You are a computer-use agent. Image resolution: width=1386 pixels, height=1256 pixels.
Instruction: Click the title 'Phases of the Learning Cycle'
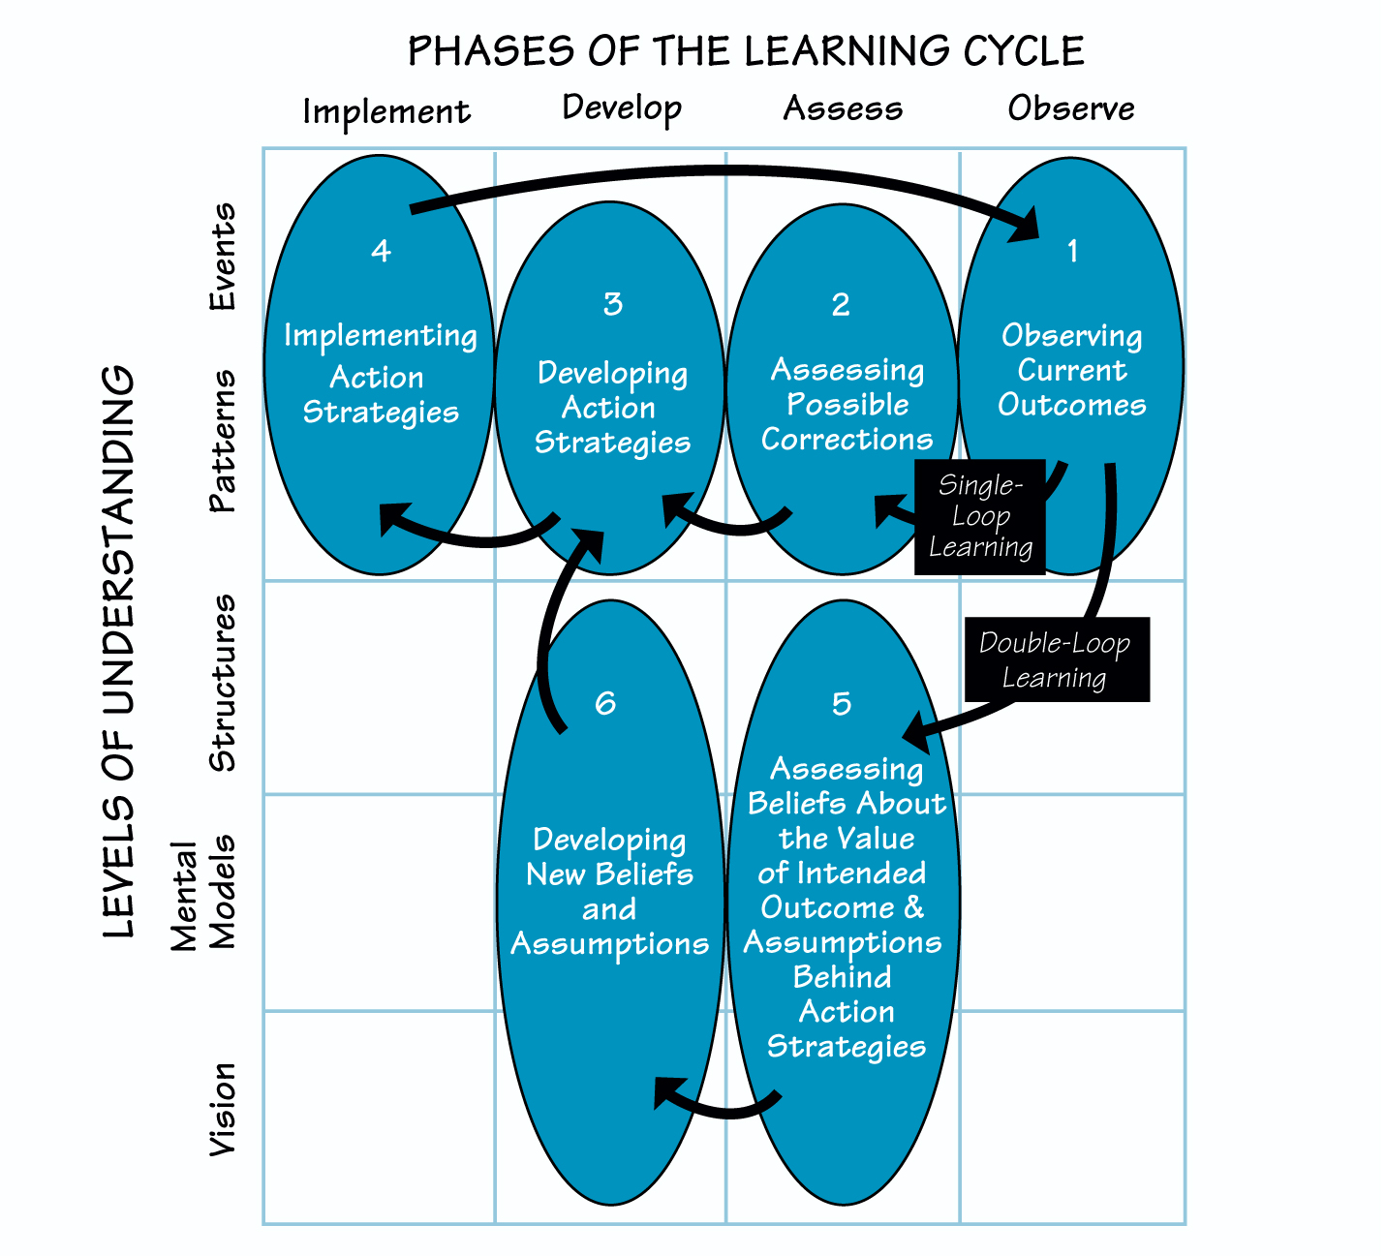click(x=745, y=50)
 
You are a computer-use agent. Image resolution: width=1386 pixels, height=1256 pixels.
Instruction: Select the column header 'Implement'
click(x=386, y=112)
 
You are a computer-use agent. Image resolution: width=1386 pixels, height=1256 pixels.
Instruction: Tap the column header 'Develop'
click(x=622, y=108)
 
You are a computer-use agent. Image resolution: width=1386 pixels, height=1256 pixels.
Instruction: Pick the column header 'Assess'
click(x=843, y=108)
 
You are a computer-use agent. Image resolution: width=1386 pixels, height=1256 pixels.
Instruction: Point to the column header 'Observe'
click(x=1070, y=108)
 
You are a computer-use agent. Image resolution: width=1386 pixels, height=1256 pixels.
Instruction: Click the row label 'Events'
click(x=223, y=257)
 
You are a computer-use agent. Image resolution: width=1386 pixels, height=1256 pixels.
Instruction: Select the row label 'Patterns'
click(x=223, y=441)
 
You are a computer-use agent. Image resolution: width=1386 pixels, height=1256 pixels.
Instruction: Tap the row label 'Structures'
click(x=223, y=683)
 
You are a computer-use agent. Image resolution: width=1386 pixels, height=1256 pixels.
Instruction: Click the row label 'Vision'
click(x=223, y=1109)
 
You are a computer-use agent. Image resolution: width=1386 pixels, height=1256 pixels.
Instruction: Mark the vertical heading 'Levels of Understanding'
click(x=118, y=651)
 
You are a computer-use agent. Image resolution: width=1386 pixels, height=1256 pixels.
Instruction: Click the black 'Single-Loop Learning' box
click(x=980, y=517)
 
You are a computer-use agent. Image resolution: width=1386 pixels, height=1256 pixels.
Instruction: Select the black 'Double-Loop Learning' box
click(x=1056, y=659)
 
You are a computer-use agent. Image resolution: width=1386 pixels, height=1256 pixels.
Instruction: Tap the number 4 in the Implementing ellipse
click(x=381, y=251)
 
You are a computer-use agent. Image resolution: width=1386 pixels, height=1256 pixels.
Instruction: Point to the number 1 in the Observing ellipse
click(x=1072, y=252)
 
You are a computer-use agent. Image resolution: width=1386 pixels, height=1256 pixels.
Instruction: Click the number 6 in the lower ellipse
click(x=605, y=702)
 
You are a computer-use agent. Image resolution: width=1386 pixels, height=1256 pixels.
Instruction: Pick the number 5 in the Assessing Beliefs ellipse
click(x=842, y=703)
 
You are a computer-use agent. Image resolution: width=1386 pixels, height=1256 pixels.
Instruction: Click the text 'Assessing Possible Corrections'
click(x=847, y=405)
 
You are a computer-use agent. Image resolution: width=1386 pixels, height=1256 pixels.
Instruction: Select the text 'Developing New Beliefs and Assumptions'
click(x=609, y=892)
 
